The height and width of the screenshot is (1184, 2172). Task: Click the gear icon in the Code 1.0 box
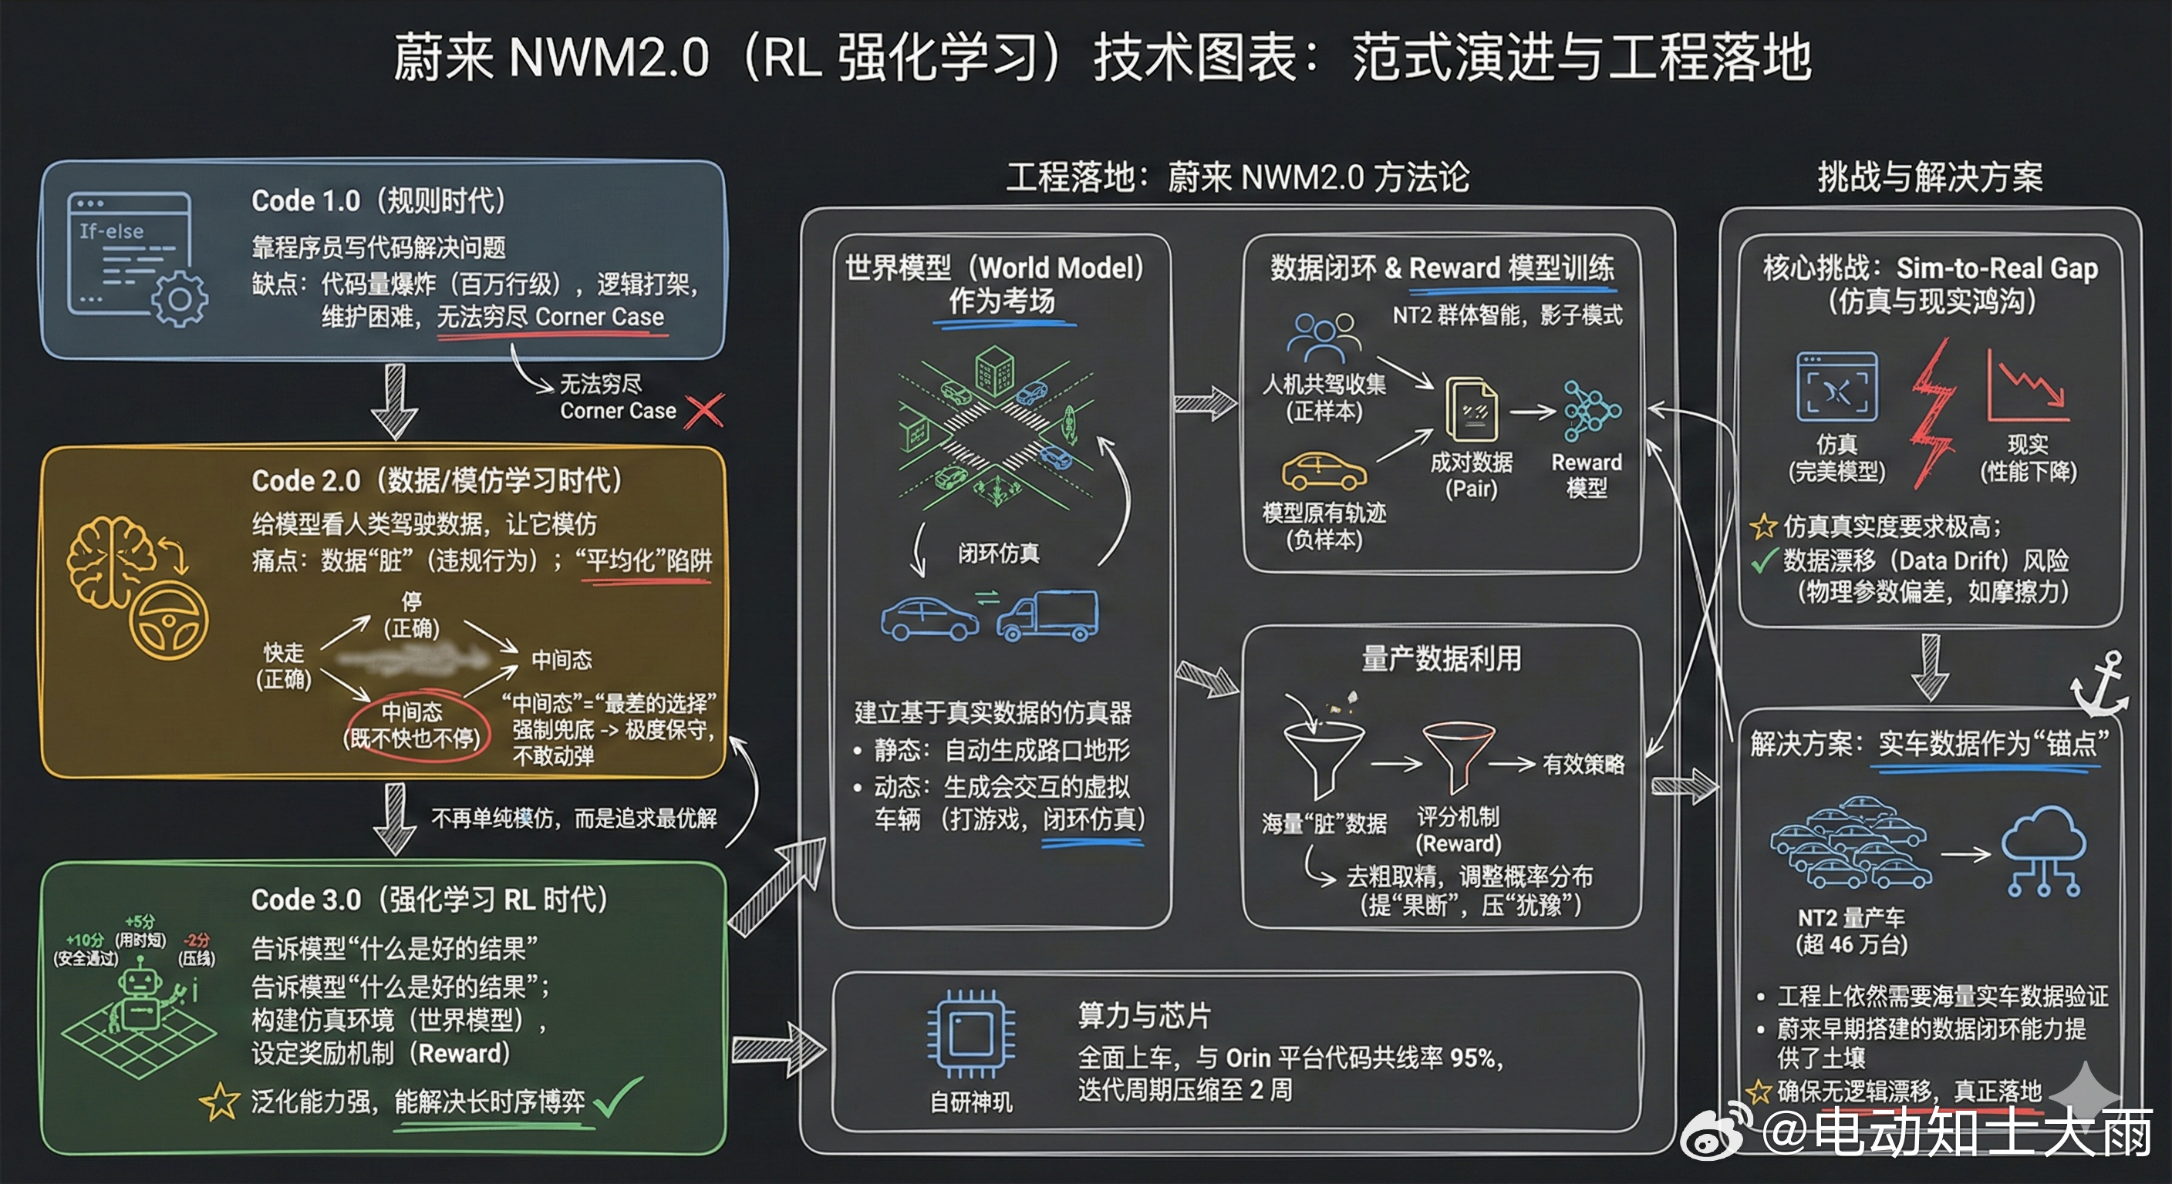179,299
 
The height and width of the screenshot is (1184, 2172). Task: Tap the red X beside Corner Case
704,412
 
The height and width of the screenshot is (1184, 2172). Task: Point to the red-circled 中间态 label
413,725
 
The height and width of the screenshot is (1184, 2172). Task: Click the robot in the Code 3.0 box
140,998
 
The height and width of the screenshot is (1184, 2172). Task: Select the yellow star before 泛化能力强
219,1102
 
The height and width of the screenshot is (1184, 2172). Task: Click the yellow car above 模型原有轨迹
1324,472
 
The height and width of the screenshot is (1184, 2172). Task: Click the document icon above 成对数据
1472,409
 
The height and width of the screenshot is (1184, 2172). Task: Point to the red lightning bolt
1933,413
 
